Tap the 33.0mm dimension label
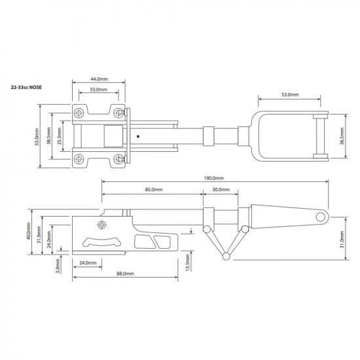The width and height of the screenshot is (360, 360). [x=99, y=90]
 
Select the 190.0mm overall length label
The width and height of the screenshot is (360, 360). [x=213, y=178]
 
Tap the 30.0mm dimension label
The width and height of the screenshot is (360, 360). [x=221, y=190]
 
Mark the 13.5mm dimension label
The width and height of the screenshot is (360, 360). [x=189, y=264]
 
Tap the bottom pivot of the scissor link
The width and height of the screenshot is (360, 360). [x=225, y=254]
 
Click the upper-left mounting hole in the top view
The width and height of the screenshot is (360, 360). [x=79, y=110]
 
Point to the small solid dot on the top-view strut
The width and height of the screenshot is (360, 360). [x=138, y=137]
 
